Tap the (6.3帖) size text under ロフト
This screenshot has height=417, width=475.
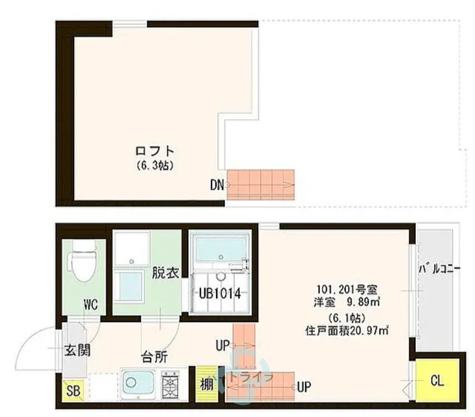point(154,166)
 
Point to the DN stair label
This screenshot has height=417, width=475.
point(216,185)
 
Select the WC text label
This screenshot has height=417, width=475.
point(90,305)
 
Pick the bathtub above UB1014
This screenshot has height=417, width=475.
point(221,249)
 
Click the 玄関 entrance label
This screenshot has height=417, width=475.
point(77,350)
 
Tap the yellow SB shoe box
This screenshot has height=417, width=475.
point(73,391)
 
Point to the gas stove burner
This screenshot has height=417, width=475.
point(170,384)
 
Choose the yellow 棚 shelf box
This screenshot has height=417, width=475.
point(207,384)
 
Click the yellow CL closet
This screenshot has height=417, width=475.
point(437,381)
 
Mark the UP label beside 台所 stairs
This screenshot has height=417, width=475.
point(223,345)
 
